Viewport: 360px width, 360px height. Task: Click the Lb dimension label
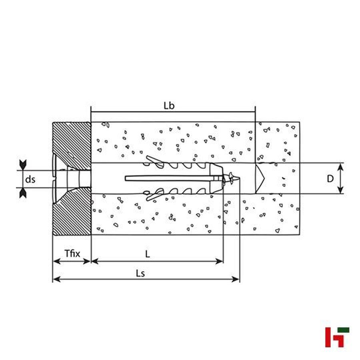(x=169, y=106)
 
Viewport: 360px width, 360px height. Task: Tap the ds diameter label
(x=30, y=180)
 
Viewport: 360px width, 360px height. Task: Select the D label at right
(x=330, y=179)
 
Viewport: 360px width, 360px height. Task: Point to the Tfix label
(x=72, y=254)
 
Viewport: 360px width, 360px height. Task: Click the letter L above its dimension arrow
(x=148, y=254)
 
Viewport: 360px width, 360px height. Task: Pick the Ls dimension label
(x=140, y=274)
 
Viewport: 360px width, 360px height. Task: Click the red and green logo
(x=337, y=337)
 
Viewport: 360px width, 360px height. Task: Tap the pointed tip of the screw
(x=240, y=178)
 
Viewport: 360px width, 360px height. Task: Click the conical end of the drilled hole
(x=260, y=178)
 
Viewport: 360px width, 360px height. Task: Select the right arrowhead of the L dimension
(x=219, y=261)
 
